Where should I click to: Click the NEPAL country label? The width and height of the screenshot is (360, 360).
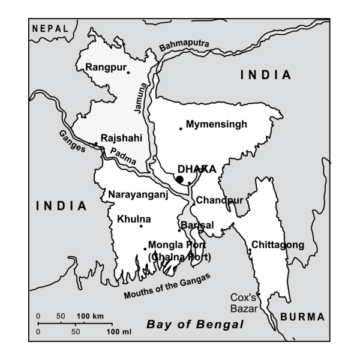pos(50,28)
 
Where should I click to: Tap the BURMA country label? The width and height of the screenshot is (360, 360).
pos(302,317)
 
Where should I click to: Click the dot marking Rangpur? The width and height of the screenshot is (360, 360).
pos(128,73)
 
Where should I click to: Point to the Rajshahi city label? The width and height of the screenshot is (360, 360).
pos(121,137)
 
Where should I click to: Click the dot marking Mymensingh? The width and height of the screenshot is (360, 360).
pos(181,128)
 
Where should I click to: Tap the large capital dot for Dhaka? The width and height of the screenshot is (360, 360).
pos(179,179)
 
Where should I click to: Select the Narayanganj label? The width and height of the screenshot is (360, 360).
pos(137,194)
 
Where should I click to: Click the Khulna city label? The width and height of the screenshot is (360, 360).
pos(134,219)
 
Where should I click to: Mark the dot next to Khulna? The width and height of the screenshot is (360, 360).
pos(141,226)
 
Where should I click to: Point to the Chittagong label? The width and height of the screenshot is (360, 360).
pos(278,245)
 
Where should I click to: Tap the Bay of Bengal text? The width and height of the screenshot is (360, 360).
pos(196,325)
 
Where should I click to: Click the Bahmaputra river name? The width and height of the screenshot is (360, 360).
pos(185,45)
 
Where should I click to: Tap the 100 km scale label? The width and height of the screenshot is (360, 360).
pos(90,316)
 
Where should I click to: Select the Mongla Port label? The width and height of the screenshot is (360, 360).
pos(177,245)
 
